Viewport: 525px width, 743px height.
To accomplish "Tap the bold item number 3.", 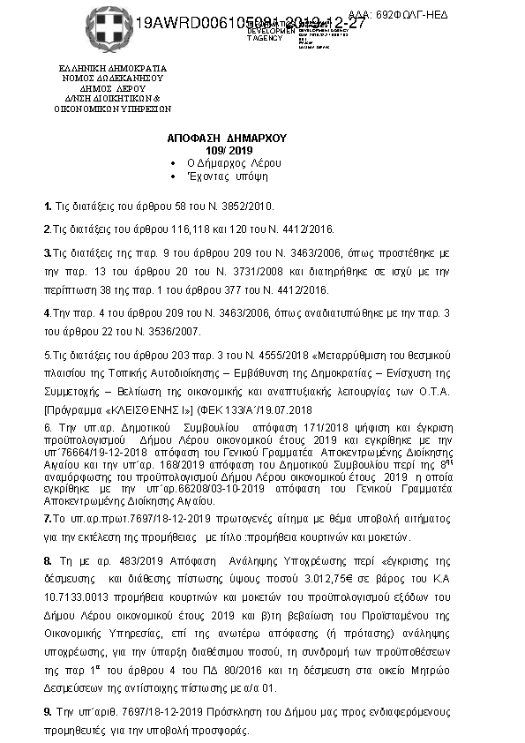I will tap(47, 253).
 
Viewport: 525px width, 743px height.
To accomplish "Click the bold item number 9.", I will tap(47, 710).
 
